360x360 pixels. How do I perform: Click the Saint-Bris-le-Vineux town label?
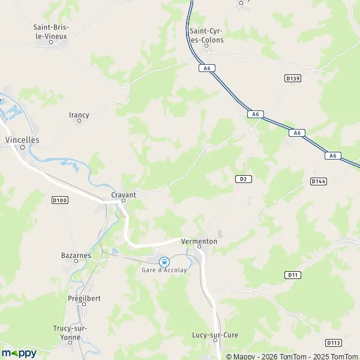[51, 31]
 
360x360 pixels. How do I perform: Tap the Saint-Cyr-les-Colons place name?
[206, 35]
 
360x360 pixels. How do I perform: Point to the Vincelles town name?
[22, 139]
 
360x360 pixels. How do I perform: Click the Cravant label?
[124, 195]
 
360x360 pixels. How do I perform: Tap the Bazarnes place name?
[76, 255]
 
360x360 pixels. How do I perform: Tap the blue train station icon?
[164, 262]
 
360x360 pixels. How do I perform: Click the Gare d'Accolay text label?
[164, 271]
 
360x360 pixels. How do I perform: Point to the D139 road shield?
[292, 78]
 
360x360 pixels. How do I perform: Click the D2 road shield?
[242, 179]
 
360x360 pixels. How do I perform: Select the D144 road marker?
[318, 181]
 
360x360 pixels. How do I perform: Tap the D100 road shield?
[59, 200]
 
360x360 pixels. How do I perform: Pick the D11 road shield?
[292, 275]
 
